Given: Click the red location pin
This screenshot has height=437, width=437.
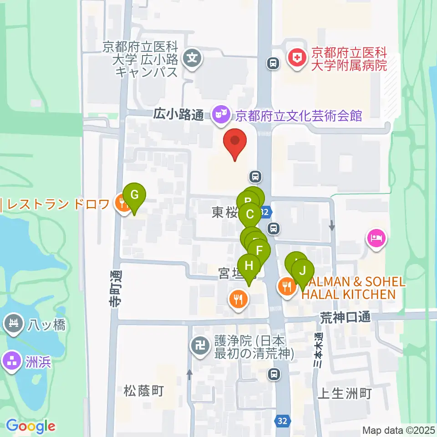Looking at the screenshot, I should click(x=235, y=141).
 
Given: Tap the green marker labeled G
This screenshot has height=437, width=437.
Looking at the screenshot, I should click(x=134, y=195).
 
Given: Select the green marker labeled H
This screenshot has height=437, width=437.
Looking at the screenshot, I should click(x=249, y=265).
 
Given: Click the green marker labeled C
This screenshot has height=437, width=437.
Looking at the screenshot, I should click(x=250, y=213).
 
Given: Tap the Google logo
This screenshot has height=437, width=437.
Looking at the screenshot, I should click(x=30, y=427).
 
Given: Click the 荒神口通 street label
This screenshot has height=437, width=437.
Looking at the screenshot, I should click(x=345, y=317).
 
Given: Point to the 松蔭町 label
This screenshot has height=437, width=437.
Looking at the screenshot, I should click(x=143, y=391).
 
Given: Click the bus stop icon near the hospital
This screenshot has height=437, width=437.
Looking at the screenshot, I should click(x=273, y=63).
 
